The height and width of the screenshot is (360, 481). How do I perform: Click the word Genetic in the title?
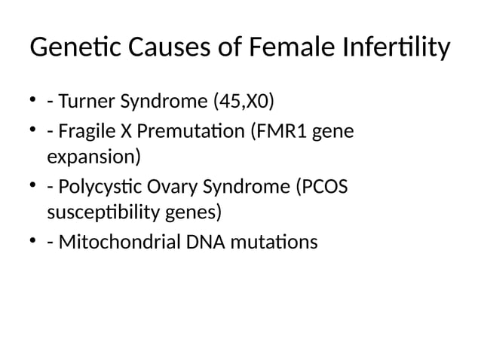[x=68, y=49]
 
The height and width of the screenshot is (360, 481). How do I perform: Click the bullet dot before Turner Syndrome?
[x=34, y=100]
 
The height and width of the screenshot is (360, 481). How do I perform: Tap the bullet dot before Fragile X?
[x=34, y=133]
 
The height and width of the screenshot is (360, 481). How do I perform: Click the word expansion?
[x=93, y=158]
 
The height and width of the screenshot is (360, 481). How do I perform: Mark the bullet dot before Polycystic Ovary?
[x=34, y=186]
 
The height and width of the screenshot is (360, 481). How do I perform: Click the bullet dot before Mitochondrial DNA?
[x=34, y=242]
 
